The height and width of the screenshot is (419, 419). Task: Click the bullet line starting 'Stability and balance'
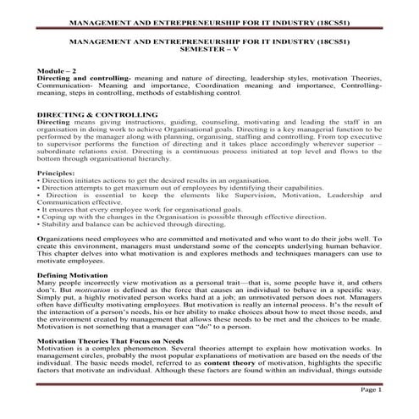click(119, 225)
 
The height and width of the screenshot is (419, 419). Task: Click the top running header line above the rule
click(208, 15)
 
